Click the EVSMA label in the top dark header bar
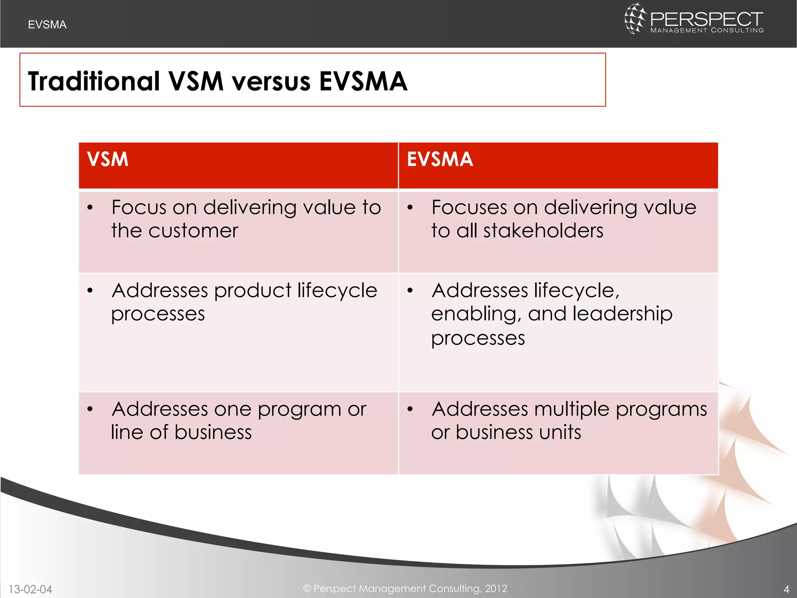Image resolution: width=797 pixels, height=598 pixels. (x=47, y=25)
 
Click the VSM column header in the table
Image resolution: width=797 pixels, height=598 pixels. (x=107, y=159)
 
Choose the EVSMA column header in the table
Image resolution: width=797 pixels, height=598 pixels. (x=440, y=159)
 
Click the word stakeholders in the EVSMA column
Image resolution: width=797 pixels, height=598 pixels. (x=543, y=230)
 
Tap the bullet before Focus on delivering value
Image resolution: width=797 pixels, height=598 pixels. (x=90, y=208)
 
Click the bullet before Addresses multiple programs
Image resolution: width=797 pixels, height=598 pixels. (x=410, y=409)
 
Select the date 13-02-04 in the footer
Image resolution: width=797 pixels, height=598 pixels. (x=30, y=589)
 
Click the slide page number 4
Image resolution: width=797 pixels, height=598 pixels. (x=786, y=589)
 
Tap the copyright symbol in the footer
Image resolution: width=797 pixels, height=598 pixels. (x=307, y=588)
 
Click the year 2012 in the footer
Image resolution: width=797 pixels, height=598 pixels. (x=496, y=588)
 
